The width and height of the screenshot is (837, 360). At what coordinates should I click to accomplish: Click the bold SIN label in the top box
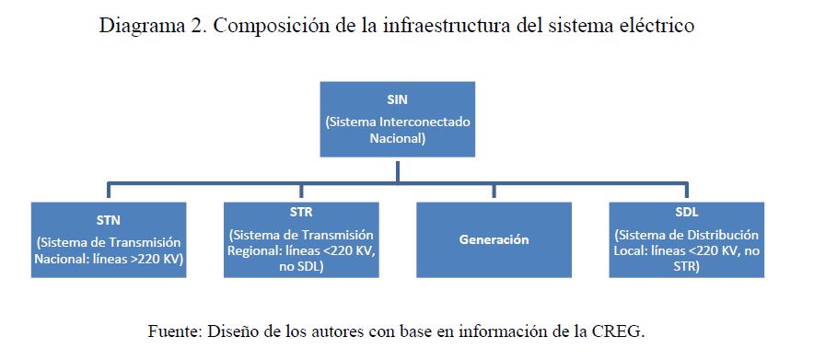point(397,100)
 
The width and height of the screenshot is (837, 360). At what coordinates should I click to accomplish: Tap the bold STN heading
point(109,220)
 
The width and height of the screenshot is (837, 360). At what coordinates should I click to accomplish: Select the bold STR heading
point(301,212)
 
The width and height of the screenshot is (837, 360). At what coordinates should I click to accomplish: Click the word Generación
point(494,239)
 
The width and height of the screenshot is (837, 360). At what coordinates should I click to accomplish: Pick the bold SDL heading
point(687,212)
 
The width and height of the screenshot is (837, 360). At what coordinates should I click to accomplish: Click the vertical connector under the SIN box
point(398,170)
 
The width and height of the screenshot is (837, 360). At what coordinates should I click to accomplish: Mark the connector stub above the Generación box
point(494,192)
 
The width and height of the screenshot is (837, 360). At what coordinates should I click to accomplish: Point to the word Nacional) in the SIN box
point(398,138)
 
